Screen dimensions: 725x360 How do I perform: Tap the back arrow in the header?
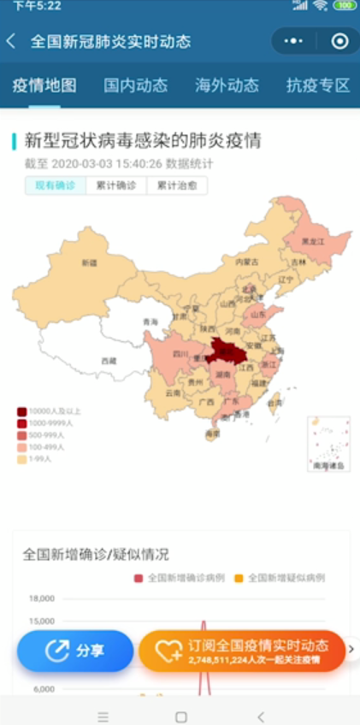click(x=11, y=41)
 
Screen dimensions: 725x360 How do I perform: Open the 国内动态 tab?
click(x=135, y=85)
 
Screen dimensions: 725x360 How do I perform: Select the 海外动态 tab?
click(x=227, y=85)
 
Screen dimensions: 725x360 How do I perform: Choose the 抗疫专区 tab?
click(x=318, y=85)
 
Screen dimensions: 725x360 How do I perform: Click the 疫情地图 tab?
click(x=44, y=85)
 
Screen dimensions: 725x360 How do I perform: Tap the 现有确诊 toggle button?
click(x=55, y=186)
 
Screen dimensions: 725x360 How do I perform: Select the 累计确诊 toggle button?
click(x=115, y=186)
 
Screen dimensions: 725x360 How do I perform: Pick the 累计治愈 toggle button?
click(x=177, y=186)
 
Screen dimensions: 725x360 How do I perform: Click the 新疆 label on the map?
click(x=89, y=263)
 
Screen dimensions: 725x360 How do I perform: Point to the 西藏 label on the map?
click(x=109, y=361)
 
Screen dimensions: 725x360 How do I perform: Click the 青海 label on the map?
click(x=150, y=322)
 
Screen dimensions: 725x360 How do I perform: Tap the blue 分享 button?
click(x=75, y=651)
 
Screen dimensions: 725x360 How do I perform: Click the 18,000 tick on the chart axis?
click(x=42, y=598)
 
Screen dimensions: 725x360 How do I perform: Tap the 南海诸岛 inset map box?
click(x=328, y=444)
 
